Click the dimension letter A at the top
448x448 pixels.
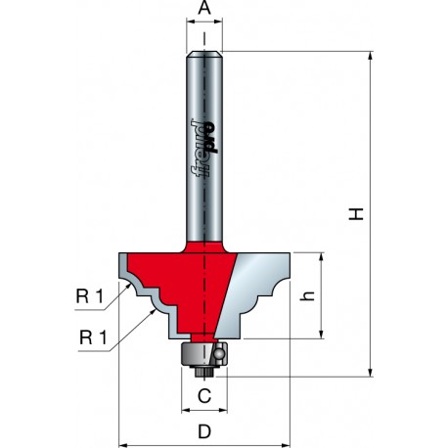(x=204, y=8)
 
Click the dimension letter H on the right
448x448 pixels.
(x=356, y=214)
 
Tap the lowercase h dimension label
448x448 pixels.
(x=307, y=295)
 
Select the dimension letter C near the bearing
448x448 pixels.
(x=204, y=396)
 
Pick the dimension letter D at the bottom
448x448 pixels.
(x=204, y=431)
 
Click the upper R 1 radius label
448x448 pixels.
(x=89, y=296)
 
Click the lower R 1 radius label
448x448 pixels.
(x=93, y=337)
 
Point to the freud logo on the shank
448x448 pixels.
(x=204, y=149)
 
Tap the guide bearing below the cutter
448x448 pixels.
(x=203, y=354)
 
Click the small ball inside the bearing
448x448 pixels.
(x=218, y=353)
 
